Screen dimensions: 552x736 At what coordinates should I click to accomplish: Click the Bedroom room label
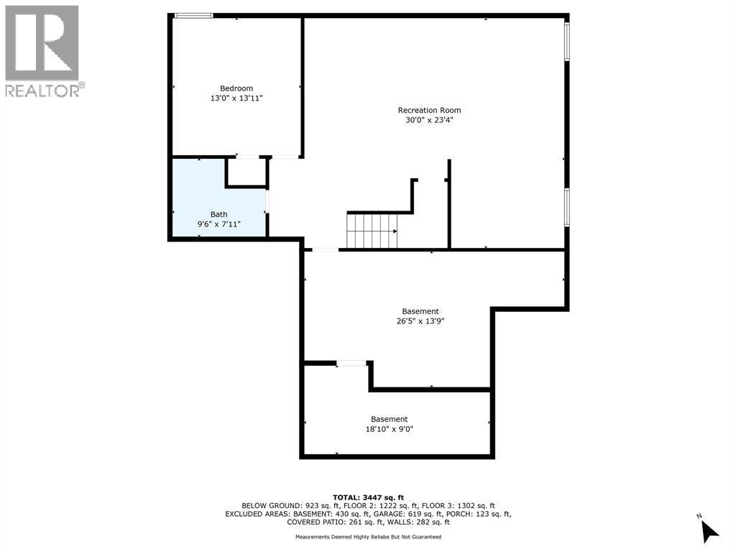point(236,88)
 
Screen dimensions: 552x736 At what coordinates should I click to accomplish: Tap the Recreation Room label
point(429,110)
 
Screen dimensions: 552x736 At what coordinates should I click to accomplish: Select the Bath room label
point(218,214)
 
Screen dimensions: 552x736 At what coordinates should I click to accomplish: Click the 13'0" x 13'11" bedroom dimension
point(236,98)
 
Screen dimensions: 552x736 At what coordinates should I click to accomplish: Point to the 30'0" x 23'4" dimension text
point(429,120)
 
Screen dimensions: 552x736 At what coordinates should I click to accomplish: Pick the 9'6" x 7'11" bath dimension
point(218,224)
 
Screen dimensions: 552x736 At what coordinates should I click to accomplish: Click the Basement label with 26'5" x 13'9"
point(420,311)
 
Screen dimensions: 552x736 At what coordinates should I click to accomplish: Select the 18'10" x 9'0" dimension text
point(389,429)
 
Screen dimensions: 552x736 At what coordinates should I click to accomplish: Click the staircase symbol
point(372,231)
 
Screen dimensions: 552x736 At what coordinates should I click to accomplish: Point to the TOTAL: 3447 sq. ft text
point(368,497)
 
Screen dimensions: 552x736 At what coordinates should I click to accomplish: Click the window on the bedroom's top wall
point(193,15)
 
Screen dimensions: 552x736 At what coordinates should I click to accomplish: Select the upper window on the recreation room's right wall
point(567,41)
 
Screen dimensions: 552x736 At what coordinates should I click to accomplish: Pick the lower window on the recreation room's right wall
point(567,206)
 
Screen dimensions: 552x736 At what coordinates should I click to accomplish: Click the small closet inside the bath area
point(247,172)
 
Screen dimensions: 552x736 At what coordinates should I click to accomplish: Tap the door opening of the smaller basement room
point(352,364)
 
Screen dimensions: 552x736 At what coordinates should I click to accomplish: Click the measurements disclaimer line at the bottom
point(368,537)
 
